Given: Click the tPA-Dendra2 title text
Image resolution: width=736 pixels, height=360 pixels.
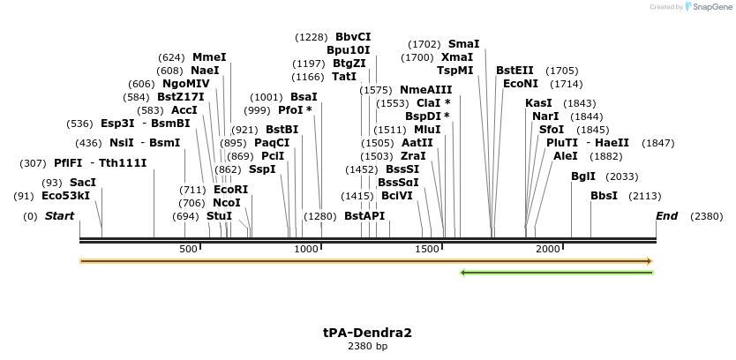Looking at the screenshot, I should [367, 333].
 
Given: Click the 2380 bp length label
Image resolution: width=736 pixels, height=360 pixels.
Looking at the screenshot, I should [367, 347].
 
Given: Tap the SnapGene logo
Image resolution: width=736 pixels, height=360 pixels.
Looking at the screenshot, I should [709, 7].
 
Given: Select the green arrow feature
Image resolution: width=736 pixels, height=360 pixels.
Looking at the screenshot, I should [557, 273].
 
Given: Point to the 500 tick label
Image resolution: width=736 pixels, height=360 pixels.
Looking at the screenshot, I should [188, 250].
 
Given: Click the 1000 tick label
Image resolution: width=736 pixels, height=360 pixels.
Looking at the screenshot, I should [306, 250].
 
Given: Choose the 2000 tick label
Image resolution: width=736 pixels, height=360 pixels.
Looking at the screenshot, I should [548, 250].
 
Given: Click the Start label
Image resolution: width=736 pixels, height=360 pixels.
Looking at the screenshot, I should [59, 216].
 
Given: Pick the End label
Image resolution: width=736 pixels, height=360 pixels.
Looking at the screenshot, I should [667, 216].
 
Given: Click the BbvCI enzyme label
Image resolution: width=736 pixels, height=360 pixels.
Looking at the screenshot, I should [353, 37].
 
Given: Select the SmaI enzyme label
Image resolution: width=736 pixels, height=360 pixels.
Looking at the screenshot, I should [464, 44].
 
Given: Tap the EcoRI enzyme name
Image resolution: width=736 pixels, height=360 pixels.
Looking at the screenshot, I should [231, 190].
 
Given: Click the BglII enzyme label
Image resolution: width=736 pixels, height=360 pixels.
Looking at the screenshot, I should [583, 176].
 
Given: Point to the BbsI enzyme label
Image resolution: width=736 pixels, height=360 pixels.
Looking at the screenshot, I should [605, 196].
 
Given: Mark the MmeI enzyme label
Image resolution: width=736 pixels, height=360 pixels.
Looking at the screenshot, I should [209, 57].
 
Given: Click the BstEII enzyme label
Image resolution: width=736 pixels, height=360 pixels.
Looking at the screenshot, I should [514, 71].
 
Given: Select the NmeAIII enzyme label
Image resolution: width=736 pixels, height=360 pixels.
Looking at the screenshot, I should [426, 90].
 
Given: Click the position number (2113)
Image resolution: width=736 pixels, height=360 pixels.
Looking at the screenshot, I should [645, 196].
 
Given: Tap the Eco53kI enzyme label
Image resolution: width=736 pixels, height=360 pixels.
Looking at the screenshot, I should [66, 196].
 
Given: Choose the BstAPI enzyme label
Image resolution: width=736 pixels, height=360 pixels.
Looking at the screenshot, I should [364, 216].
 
